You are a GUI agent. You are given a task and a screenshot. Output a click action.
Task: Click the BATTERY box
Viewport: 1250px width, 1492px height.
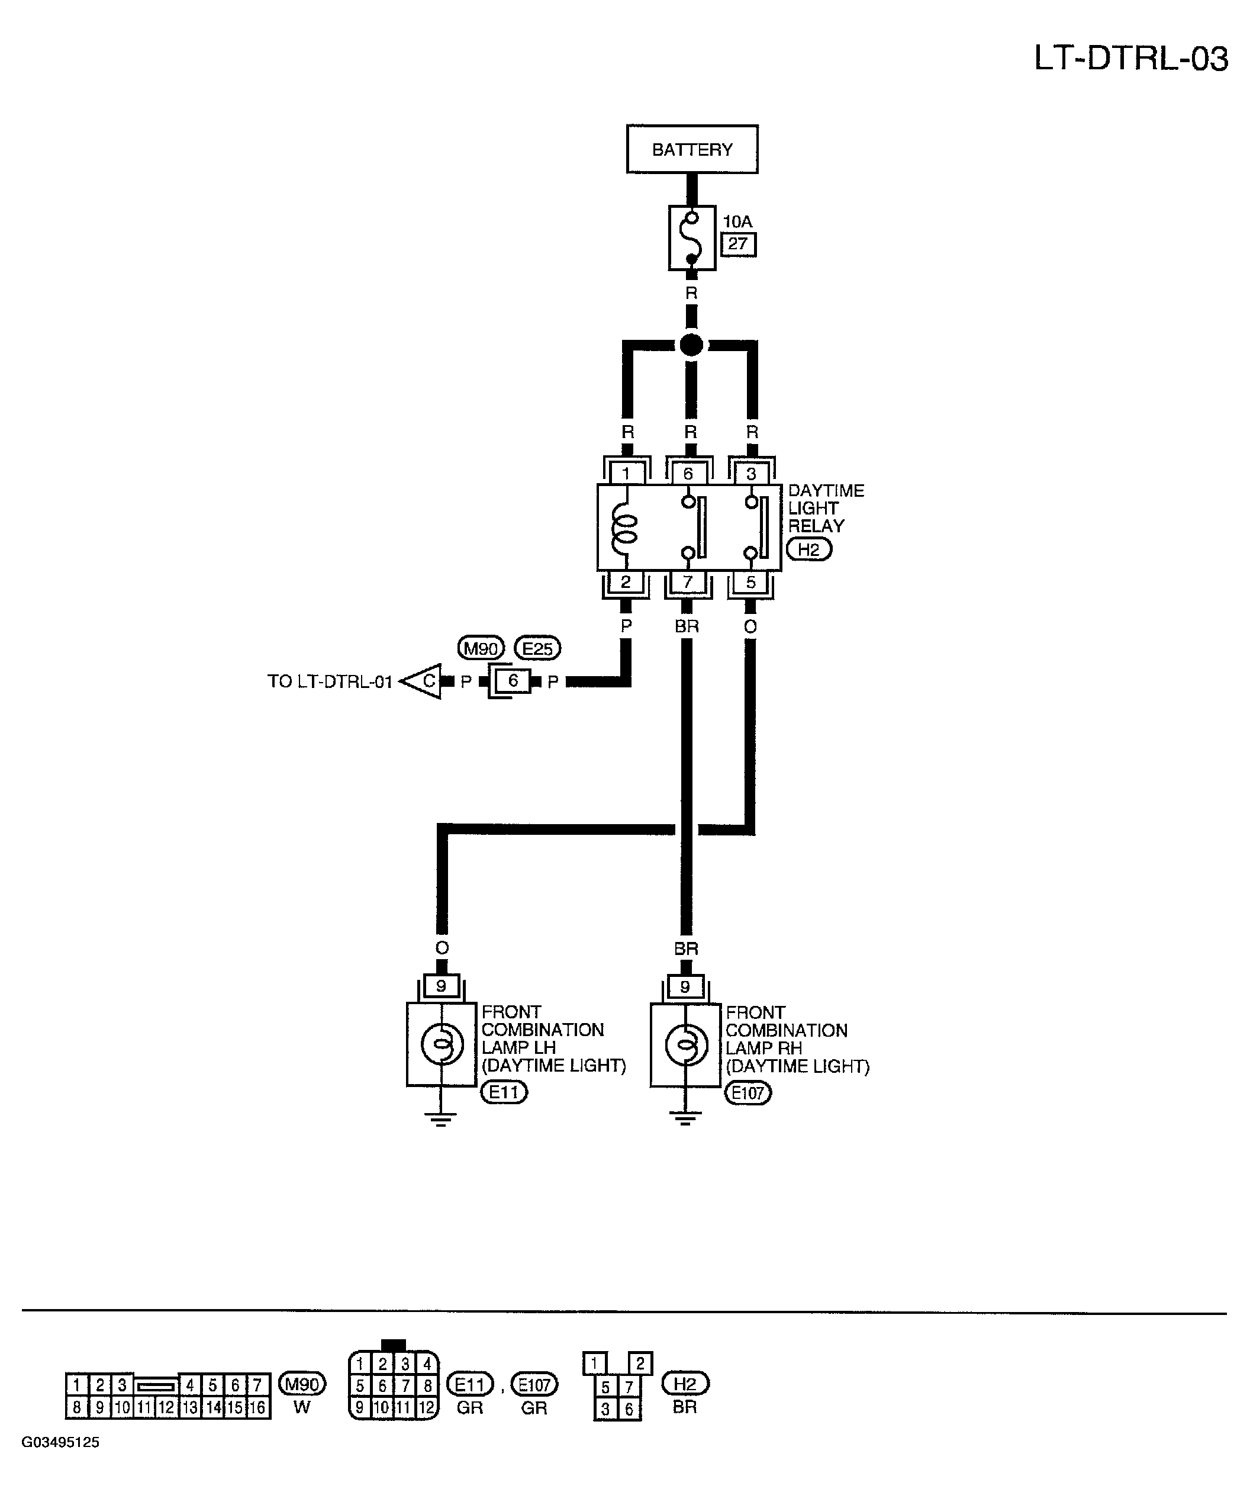(692, 149)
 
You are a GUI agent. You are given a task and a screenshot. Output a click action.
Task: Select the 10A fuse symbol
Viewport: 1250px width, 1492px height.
(692, 238)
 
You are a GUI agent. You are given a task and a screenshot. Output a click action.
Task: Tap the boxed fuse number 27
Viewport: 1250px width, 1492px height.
(738, 245)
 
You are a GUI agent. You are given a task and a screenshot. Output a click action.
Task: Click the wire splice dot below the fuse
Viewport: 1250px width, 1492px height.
(691, 345)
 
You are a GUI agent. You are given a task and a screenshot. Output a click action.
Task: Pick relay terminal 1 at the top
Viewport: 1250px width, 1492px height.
(626, 474)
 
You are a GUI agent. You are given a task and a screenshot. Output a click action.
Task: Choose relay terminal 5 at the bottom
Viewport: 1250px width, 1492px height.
(750, 583)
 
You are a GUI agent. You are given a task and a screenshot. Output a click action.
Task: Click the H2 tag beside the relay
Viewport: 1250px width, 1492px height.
(808, 549)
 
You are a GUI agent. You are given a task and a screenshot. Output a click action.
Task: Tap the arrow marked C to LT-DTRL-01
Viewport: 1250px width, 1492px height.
(421, 681)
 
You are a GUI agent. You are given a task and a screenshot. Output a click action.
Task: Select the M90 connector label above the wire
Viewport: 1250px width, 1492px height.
(481, 648)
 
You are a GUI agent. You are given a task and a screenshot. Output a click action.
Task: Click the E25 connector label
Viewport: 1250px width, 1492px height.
(537, 648)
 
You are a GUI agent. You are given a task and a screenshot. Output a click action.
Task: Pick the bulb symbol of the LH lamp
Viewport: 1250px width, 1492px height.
(442, 1045)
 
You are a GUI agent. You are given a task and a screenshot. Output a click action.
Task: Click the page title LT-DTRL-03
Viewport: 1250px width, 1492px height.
(1130, 58)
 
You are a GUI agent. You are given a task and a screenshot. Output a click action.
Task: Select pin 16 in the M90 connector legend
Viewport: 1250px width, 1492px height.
(257, 1407)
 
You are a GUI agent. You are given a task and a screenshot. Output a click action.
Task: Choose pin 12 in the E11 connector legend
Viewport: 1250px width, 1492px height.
(426, 1407)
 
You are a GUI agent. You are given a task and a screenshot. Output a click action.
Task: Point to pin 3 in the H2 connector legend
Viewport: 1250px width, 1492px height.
(605, 1409)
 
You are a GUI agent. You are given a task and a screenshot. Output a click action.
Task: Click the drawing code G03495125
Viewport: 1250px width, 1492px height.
(60, 1442)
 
